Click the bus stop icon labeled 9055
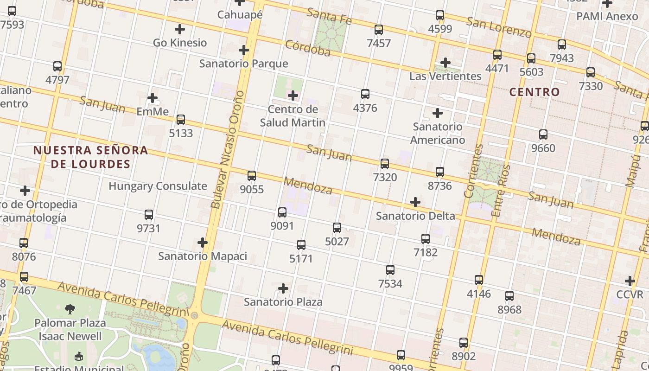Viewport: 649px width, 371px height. point(252,176)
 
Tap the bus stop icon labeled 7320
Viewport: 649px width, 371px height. point(385,164)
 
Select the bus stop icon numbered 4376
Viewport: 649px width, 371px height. point(365,94)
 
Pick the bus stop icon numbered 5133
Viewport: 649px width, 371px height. point(181,120)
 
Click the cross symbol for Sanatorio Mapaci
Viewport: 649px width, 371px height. point(203,243)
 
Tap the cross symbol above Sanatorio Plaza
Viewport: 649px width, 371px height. point(283,288)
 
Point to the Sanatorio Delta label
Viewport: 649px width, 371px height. point(415,216)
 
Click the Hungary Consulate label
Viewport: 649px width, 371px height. point(158,186)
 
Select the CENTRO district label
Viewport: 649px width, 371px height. point(534,92)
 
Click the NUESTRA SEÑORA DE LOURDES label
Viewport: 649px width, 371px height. point(91,157)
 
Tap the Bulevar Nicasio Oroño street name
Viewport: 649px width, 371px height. point(227,149)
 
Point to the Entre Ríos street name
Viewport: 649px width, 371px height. point(501,190)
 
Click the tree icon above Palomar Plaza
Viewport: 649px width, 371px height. point(70,309)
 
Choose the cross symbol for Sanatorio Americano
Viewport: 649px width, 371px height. point(437,113)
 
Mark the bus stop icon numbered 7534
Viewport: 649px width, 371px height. point(390,270)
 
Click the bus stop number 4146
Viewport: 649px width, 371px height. point(479,294)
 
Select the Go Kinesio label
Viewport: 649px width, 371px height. point(180,43)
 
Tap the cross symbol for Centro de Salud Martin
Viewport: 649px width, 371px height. point(293,96)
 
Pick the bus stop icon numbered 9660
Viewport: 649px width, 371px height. point(543,134)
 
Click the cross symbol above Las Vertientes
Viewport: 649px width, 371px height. point(445,63)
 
